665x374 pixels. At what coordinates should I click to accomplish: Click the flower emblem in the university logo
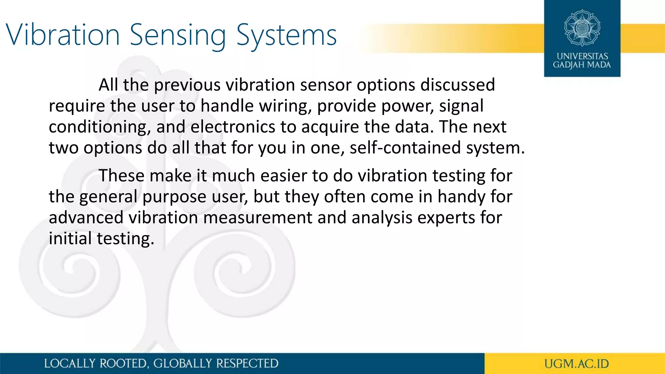click(x=582, y=28)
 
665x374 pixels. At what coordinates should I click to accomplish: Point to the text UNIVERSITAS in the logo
click(x=582, y=56)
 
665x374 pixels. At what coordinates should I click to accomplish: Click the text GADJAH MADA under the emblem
click(x=582, y=65)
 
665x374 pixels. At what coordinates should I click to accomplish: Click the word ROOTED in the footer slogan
click(x=123, y=364)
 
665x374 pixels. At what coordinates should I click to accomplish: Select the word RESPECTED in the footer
click(x=247, y=364)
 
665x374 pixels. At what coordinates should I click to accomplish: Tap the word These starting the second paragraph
click(x=121, y=176)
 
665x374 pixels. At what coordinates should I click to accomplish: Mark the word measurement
click(x=257, y=218)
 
